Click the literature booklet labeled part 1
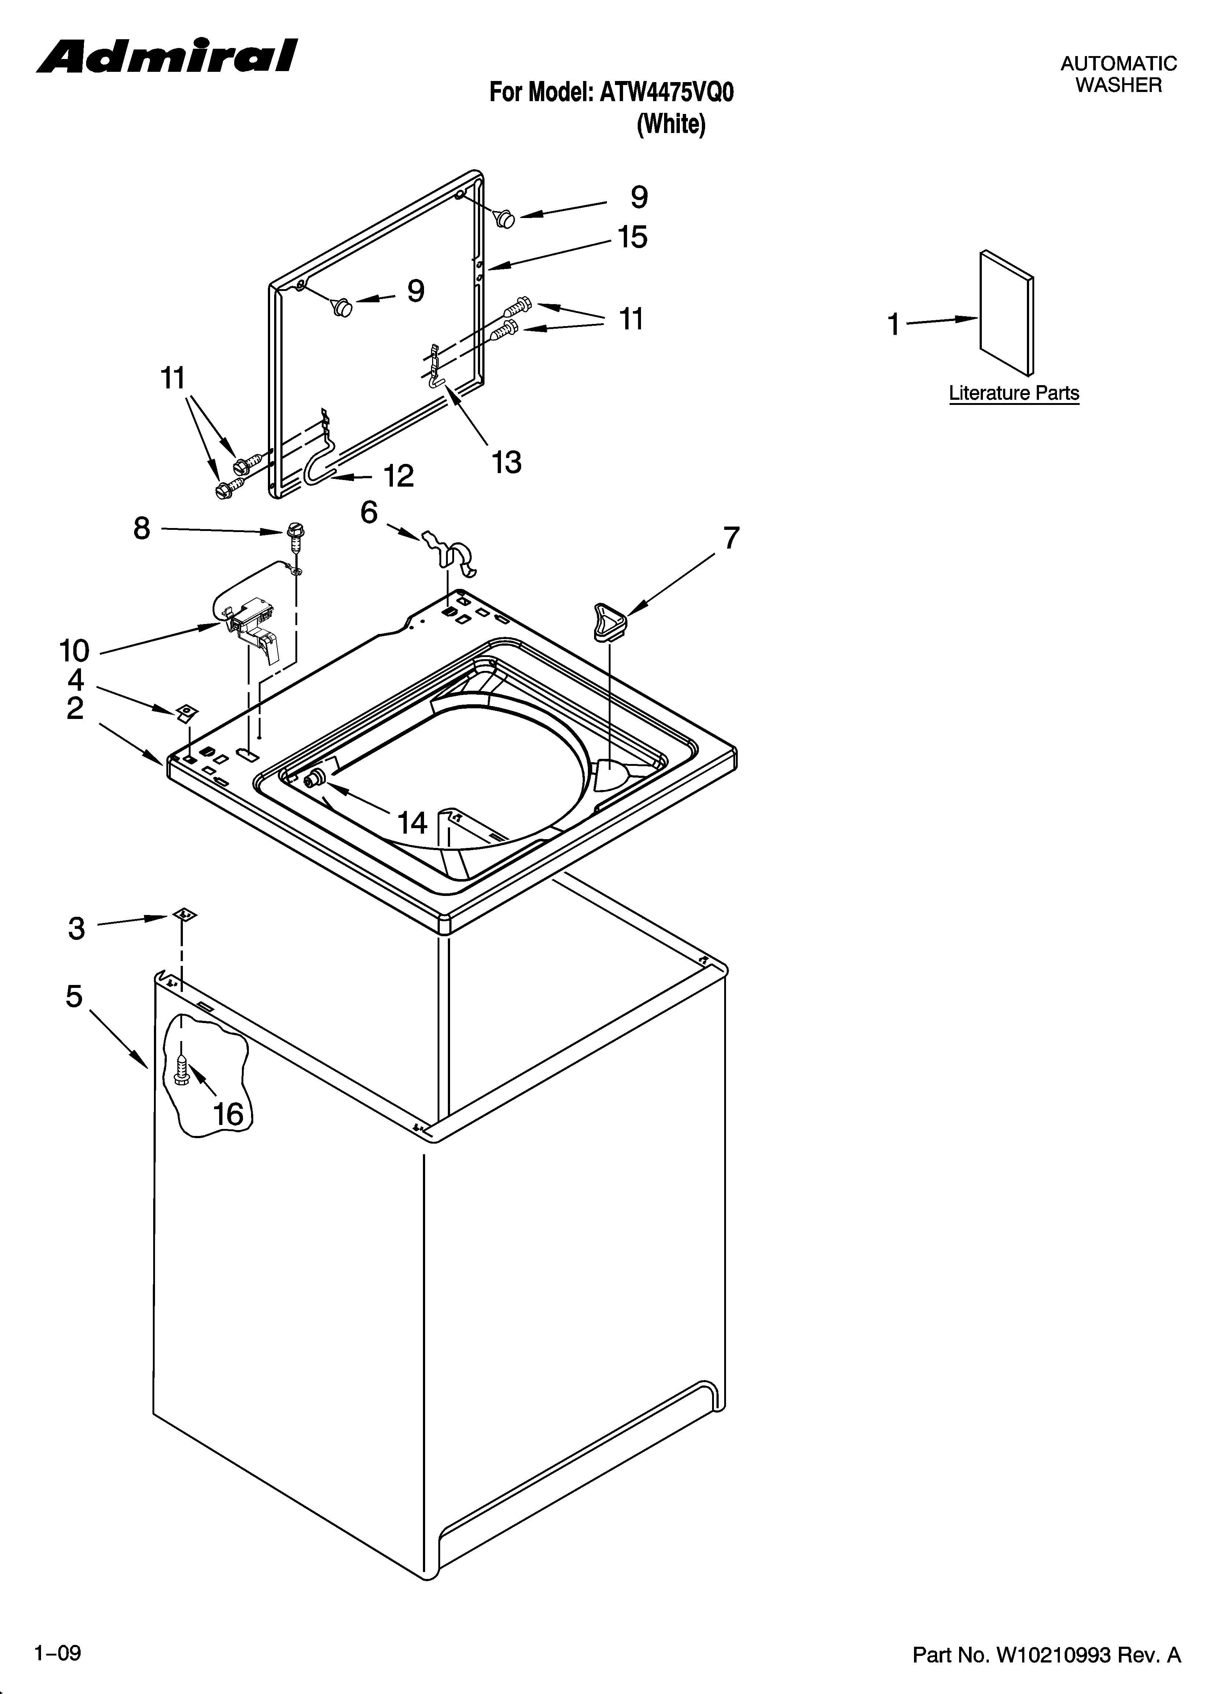click(x=1007, y=312)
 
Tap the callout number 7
click(x=731, y=538)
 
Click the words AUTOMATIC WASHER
click(x=1118, y=74)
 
